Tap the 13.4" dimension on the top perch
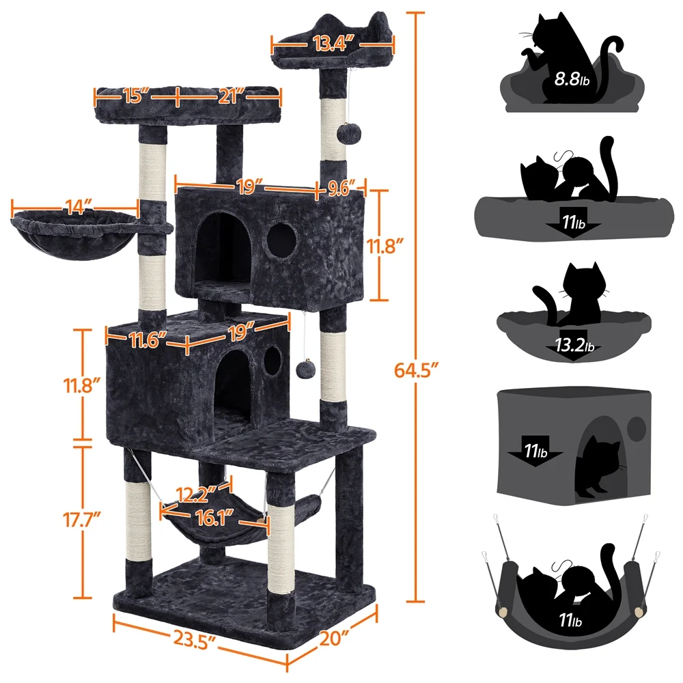[333, 46]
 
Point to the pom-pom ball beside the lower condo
[304, 370]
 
